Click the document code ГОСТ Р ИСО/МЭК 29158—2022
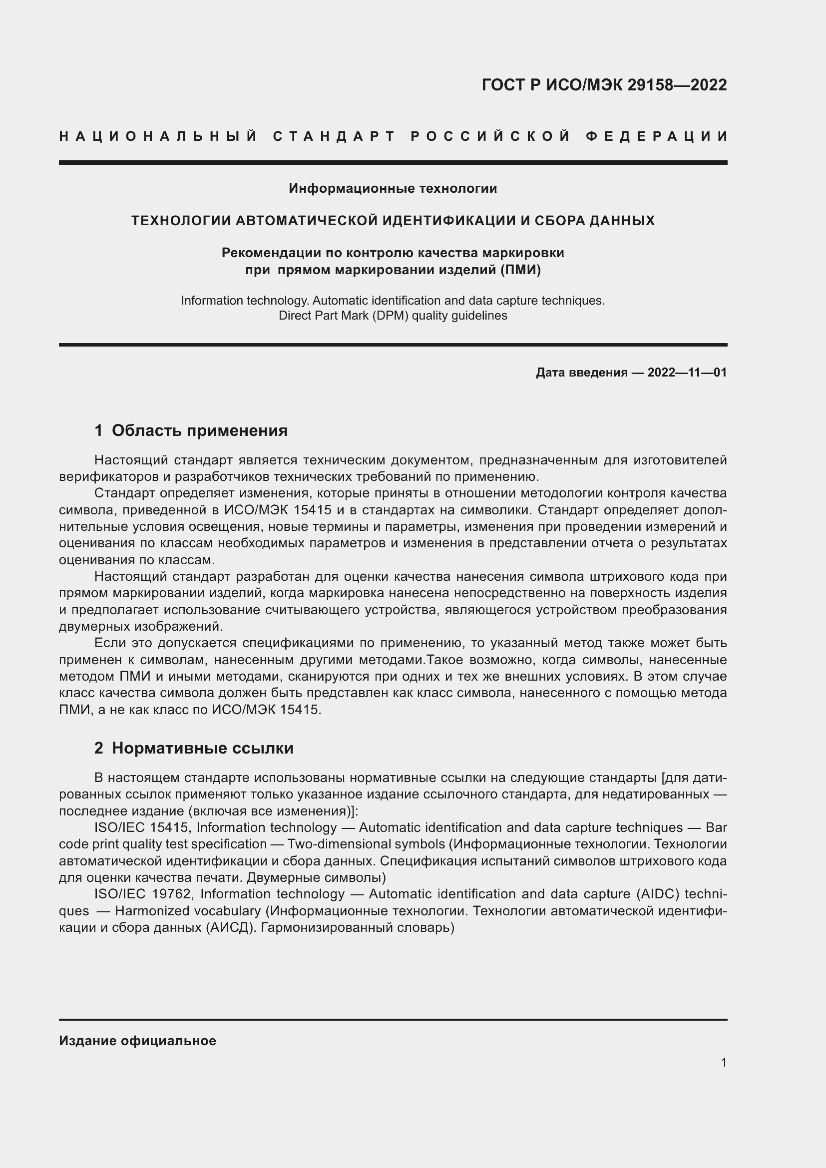point(604,85)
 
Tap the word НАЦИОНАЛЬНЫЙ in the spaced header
point(158,136)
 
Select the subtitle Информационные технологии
point(393,188)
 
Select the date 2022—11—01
point(687,373)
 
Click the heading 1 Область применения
point(191,430)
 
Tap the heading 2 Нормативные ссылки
point(194,748)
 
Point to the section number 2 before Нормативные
point(99,748)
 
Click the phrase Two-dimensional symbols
point(366,844)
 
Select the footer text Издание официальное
point(137,1041)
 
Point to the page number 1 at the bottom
point(724,1062)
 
